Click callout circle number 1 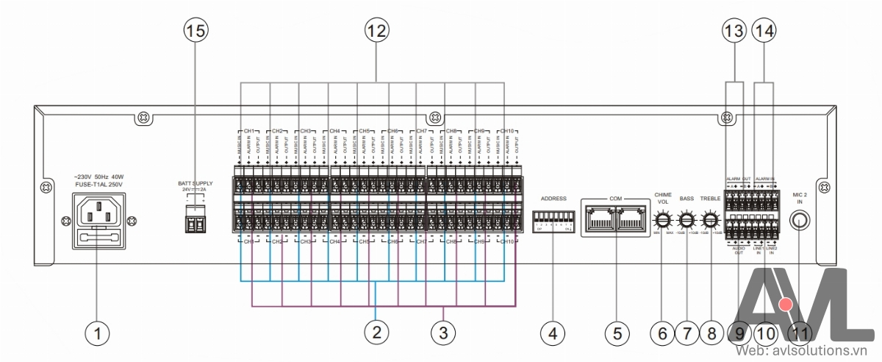click(96, 333)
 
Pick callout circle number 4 click(552, 333)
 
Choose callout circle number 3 click(442, 333)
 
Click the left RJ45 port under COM click(601, 218)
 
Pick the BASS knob click(686, 219)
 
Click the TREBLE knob click(711, 219)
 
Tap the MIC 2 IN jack click(800, 220)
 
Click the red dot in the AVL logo click(786, 305)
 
